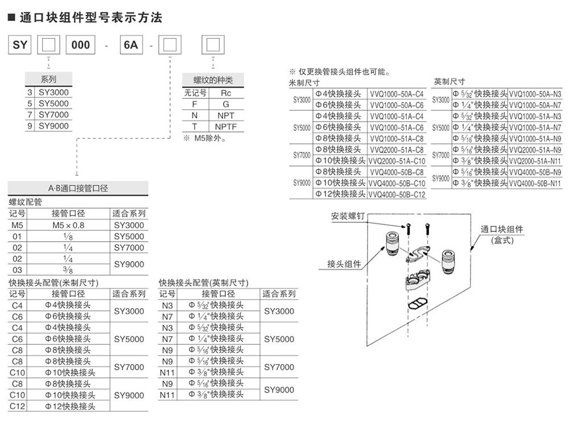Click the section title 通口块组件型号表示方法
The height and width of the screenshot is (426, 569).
pos(90,18)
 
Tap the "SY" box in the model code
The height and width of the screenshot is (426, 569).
pos(19,44)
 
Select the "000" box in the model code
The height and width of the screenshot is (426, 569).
pos(80,44)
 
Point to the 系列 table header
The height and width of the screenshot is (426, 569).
pos(48,80)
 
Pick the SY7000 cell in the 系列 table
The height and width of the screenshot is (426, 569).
pos(53,114)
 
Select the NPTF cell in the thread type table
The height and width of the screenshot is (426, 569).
pos(226,126)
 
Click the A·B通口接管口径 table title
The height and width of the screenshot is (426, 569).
pos(78,188)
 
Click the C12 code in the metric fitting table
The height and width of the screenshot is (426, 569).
pos(17,406)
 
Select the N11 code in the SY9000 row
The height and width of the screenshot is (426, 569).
pos(167,395)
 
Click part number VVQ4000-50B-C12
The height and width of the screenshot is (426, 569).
pos(397,194)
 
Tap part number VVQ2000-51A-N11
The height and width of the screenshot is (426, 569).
pos(535,160)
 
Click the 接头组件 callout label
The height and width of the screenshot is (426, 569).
pos(344,263)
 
